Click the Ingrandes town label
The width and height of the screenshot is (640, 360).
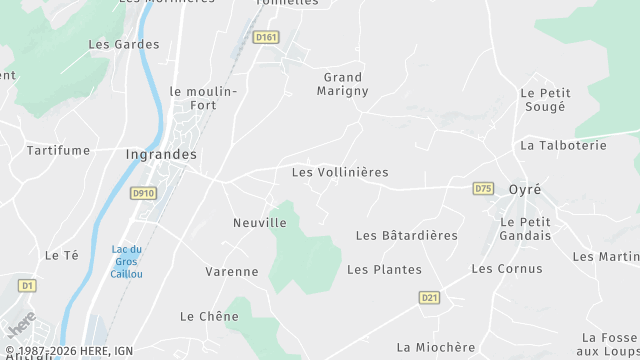click(x=161, y=155)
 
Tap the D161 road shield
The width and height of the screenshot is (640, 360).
click(x=265, y=37)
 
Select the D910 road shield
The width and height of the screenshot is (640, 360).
click(x=143, y=193)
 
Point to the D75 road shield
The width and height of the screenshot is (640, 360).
click(x=484, y=188)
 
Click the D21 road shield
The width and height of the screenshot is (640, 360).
click(x=430, y=297)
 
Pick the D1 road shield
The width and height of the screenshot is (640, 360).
click(x=27, y=286)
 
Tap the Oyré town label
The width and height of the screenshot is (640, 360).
click(x=524, y=189)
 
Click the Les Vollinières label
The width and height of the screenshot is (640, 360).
click(x=339, y=172)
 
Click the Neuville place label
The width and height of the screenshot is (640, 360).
click(x=259, y=222)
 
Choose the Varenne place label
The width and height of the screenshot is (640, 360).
click(x=231, y=271)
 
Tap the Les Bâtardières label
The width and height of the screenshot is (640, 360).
click(x=406, y=235)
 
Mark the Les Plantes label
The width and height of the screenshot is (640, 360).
click(x=384, y=269)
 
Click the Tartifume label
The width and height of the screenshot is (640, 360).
click(x=58, y=150)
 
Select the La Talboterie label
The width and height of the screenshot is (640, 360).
click(x=563, y=145)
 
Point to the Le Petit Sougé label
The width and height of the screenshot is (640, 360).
click(x=544, y=99)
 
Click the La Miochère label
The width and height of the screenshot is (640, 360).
click(x=435, y=347)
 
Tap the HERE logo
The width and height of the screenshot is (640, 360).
click(x=20, y=325)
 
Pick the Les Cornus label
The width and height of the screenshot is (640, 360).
click(x=506, y=268)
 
